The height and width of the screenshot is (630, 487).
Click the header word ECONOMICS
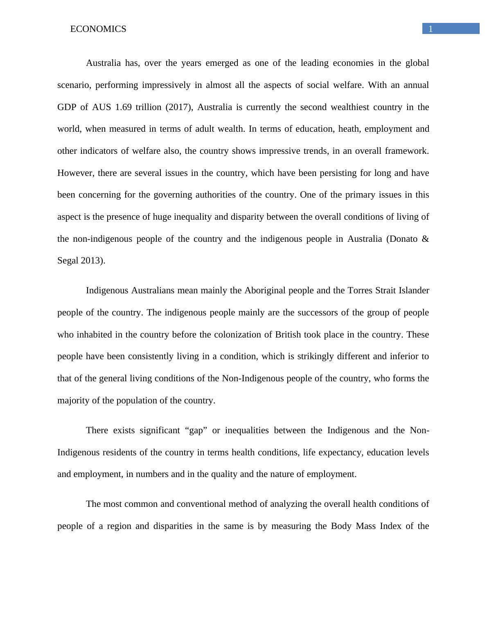(x=98, y=29)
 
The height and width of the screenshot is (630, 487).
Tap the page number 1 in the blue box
(x=431, y=29)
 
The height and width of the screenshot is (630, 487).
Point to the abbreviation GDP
(x=66, y=107)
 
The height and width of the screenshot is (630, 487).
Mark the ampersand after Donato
(x=425, y=239)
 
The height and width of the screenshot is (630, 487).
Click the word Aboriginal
(x=265, y=290)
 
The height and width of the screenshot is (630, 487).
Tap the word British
(x=288, y=335)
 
